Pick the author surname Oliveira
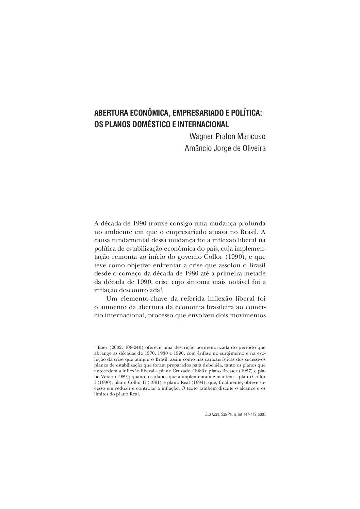pos(253,149)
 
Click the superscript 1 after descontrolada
pos(161,289)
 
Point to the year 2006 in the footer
pos(261,414)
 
